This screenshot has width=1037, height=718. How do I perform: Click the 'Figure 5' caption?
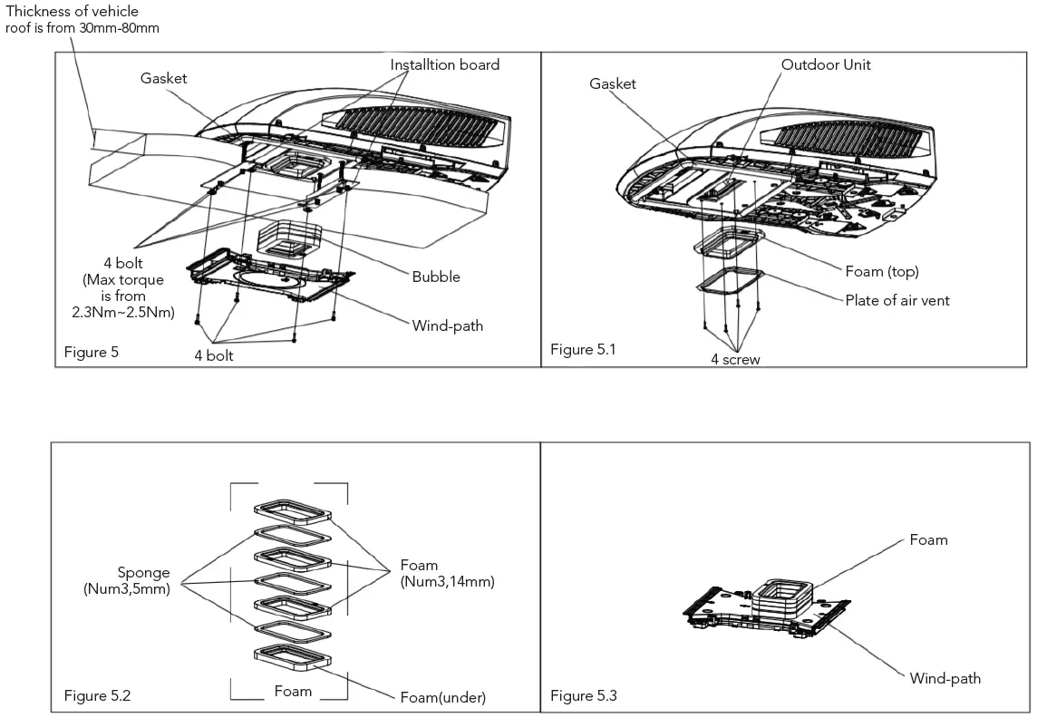click(91, 352)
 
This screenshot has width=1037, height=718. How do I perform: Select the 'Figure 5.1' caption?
click(582, 349)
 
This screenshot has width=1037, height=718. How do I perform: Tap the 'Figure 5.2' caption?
click(97, 695)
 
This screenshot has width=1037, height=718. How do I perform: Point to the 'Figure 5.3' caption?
click(583, 695)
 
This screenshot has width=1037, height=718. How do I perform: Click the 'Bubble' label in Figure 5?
click(436, 277)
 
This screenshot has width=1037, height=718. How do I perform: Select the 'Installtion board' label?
click(444, 65)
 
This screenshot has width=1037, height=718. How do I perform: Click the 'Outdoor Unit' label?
click(826, 65)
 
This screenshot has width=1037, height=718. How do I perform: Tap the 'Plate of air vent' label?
click(897, 300)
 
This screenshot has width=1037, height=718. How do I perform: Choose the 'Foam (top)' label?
click(882, 272)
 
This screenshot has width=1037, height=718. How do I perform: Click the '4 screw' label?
click(735, 359)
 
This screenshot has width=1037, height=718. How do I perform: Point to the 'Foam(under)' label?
click(443, 697)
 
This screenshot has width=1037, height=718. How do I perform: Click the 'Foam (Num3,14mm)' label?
click(447, 574)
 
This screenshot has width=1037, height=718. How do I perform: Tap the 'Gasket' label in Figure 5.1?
click(613, 84)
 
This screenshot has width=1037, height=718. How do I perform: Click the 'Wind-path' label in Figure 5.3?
click(945, 678)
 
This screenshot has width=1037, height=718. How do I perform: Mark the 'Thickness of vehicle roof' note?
click(84, 19)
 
